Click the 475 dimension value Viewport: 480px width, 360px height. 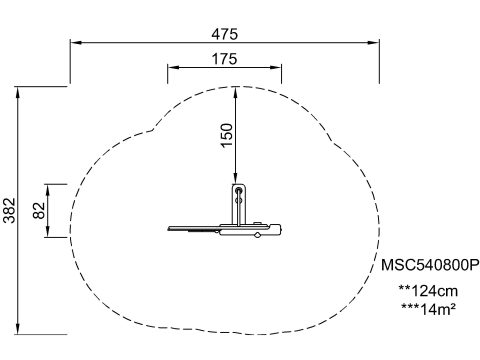(225, 34)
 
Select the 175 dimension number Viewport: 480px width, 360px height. (225, 59)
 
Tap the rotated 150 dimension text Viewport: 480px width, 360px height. (227, 135)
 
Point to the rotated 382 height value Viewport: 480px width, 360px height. (9, 210)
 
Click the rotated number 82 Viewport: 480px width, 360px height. (39, 210)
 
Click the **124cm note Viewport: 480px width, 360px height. (429, 291)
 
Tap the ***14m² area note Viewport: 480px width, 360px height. (428, 309)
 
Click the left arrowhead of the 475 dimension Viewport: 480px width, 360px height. (75, 43)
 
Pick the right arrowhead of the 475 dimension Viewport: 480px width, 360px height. (374, 43)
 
